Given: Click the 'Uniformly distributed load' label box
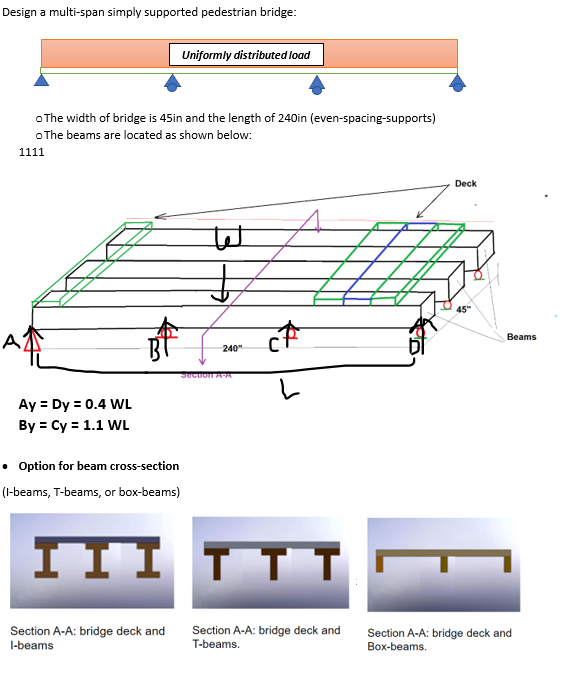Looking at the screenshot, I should pyautogui.click(x=245, y=54).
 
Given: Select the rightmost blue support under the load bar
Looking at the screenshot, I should pyautogui.click(x=458, y=81).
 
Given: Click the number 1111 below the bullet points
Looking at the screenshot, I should pyautogui.click(x=31, y=152).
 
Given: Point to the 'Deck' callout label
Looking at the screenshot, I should pyautogui.click(x=465, y=184).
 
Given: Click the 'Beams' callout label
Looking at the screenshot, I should pyautogui.click(x=521, y=337).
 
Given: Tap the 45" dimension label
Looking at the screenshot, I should pyautogui.click(x=462, y=309).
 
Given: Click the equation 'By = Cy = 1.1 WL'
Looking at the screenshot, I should pyautogui.click(x=74, y=424).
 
